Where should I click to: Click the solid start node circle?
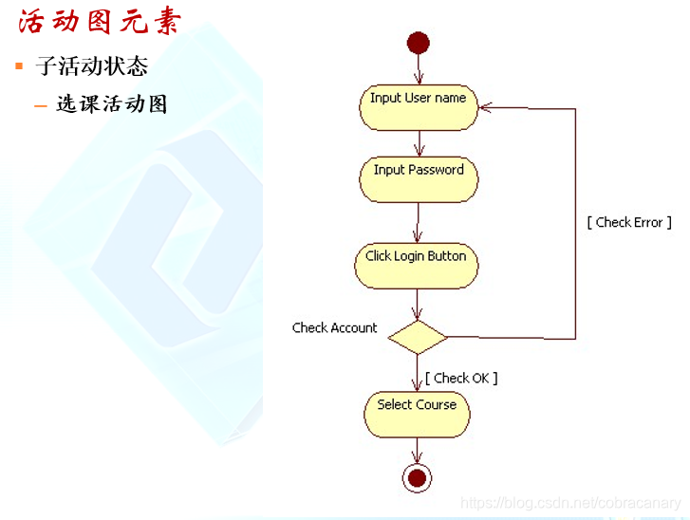pos(418,43)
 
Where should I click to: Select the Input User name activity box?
pos(418,107)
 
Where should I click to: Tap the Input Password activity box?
pos(418,178)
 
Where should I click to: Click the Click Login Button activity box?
pos(416,266)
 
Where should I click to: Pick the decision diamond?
pos(418,337)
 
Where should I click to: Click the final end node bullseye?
pos(417,477)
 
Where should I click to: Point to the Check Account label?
pos(334,328)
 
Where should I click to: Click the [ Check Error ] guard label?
pos(628,222)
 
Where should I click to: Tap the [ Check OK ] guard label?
pos(461,378)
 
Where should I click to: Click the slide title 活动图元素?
pos(99,22)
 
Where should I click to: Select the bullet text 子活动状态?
pos(91,66)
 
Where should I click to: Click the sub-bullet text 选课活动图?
pos(112,104)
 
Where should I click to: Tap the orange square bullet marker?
pos(18,66)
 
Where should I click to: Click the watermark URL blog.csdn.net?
pos(570,503)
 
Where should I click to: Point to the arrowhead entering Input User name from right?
pos(483,108)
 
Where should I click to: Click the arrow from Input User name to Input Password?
pos(418,143)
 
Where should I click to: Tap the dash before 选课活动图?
pos(41,105)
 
